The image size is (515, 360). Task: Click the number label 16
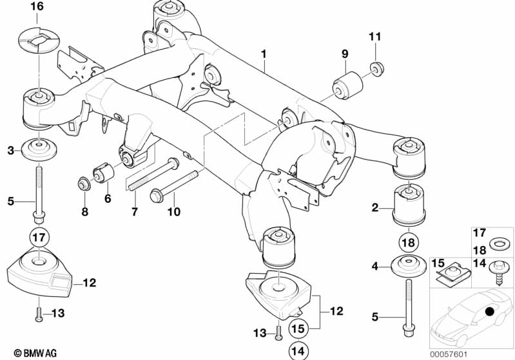pos(37,7)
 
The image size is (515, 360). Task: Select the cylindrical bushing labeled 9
pos(346,83)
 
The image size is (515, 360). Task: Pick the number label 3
pos(10,151)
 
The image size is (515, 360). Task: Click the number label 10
pos(174,212)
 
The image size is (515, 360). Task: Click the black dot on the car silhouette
pos(489,313)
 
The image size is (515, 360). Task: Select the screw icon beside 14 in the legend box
pos(500,269)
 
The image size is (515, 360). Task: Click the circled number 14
pos(296,351)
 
